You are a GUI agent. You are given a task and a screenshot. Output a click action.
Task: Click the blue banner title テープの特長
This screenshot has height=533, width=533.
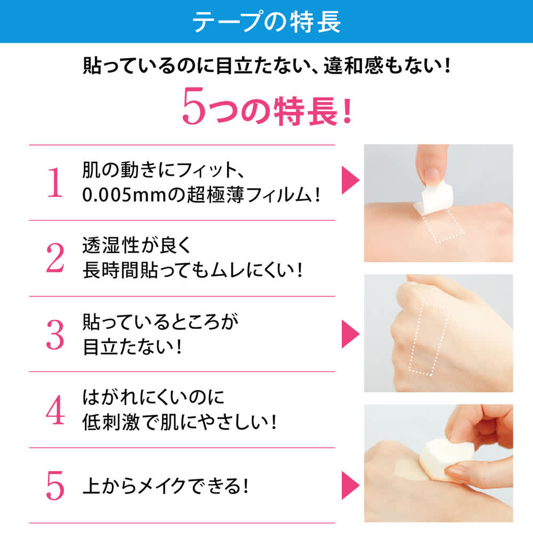pos(266,21)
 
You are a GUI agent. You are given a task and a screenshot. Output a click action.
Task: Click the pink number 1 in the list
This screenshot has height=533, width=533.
pos(55,183)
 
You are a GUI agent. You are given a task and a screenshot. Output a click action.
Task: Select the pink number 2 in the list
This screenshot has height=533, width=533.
pos(55,259)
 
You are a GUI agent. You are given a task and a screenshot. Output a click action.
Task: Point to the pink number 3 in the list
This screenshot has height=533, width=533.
pos(55,335)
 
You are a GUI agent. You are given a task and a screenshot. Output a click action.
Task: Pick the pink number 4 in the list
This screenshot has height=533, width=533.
pos(55,410)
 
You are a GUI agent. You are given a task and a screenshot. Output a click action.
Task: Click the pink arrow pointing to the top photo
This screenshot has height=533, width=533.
pos(350,180)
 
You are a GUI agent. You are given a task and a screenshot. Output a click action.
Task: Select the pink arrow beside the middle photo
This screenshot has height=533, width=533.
pos(350,334)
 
